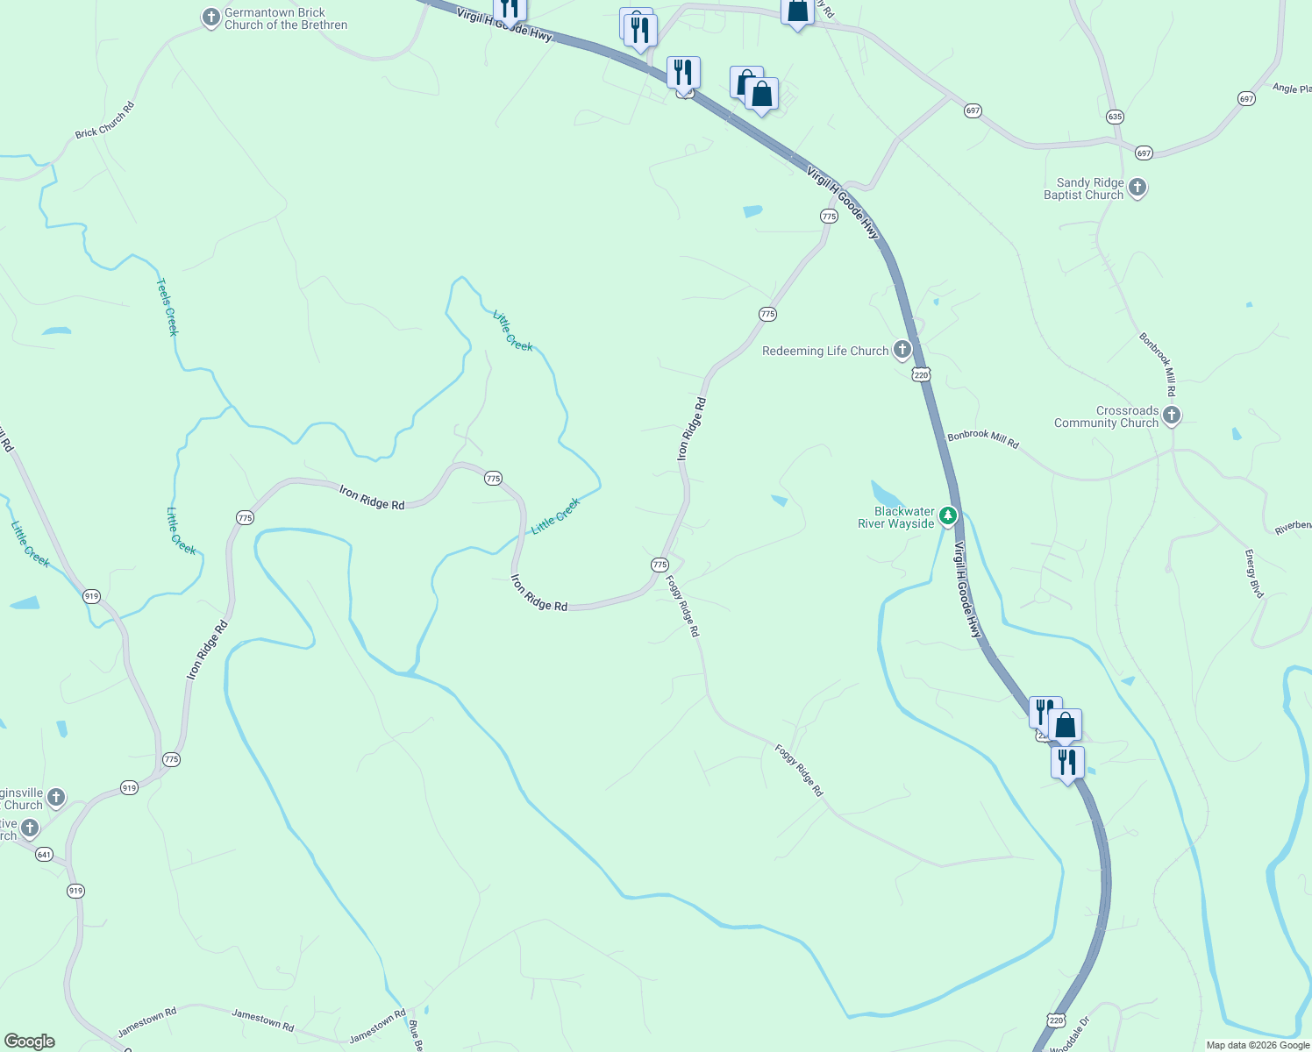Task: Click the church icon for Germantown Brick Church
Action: pyautogui.click(x=210, y=18)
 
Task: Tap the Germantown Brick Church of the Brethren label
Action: pyautogui.click(x=286, y=19)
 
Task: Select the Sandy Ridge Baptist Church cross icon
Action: pyautogui.click(x=1137, y=188)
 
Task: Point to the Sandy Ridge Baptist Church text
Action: pyautogui.click(x=1084, y=189)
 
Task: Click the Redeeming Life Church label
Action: pyautogui.click(x=825, y=352)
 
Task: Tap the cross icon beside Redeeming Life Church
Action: pyautogui.click(x=902, y=351)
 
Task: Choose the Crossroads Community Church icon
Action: pyautogui.click(x=1172, y=416)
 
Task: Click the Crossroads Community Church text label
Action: pyautogui.click(x=1106, y=417)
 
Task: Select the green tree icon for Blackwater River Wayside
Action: pyautogui.click(x=947, y=516)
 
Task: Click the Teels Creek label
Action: pyautogui.click(x=167, y=307)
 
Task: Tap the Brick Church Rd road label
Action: pyautogui.click(x=105, y=120)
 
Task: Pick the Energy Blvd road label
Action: pyautogui.click(x=1254, y=574)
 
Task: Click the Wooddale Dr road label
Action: pyautogui.click(x=1070, y=1034)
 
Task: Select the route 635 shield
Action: pyautogui.click(x=1115, y=117)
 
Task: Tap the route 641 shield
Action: pyautogui.click(x=45, y=854)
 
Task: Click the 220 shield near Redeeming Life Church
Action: pyautogui.click(x=920, y=375)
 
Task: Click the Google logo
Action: pyautogui.click(x=30, y=1041)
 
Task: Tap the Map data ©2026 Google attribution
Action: pyautogui.click(x=1258, y=1045)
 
